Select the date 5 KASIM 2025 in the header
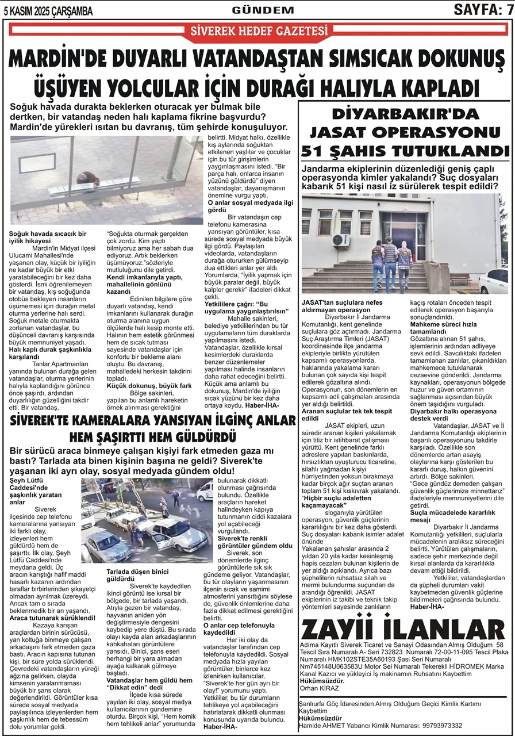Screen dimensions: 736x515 (x=33, y=10)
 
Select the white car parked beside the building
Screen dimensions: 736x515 (x=494, y=281)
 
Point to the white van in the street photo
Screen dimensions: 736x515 (x=204, y=492)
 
